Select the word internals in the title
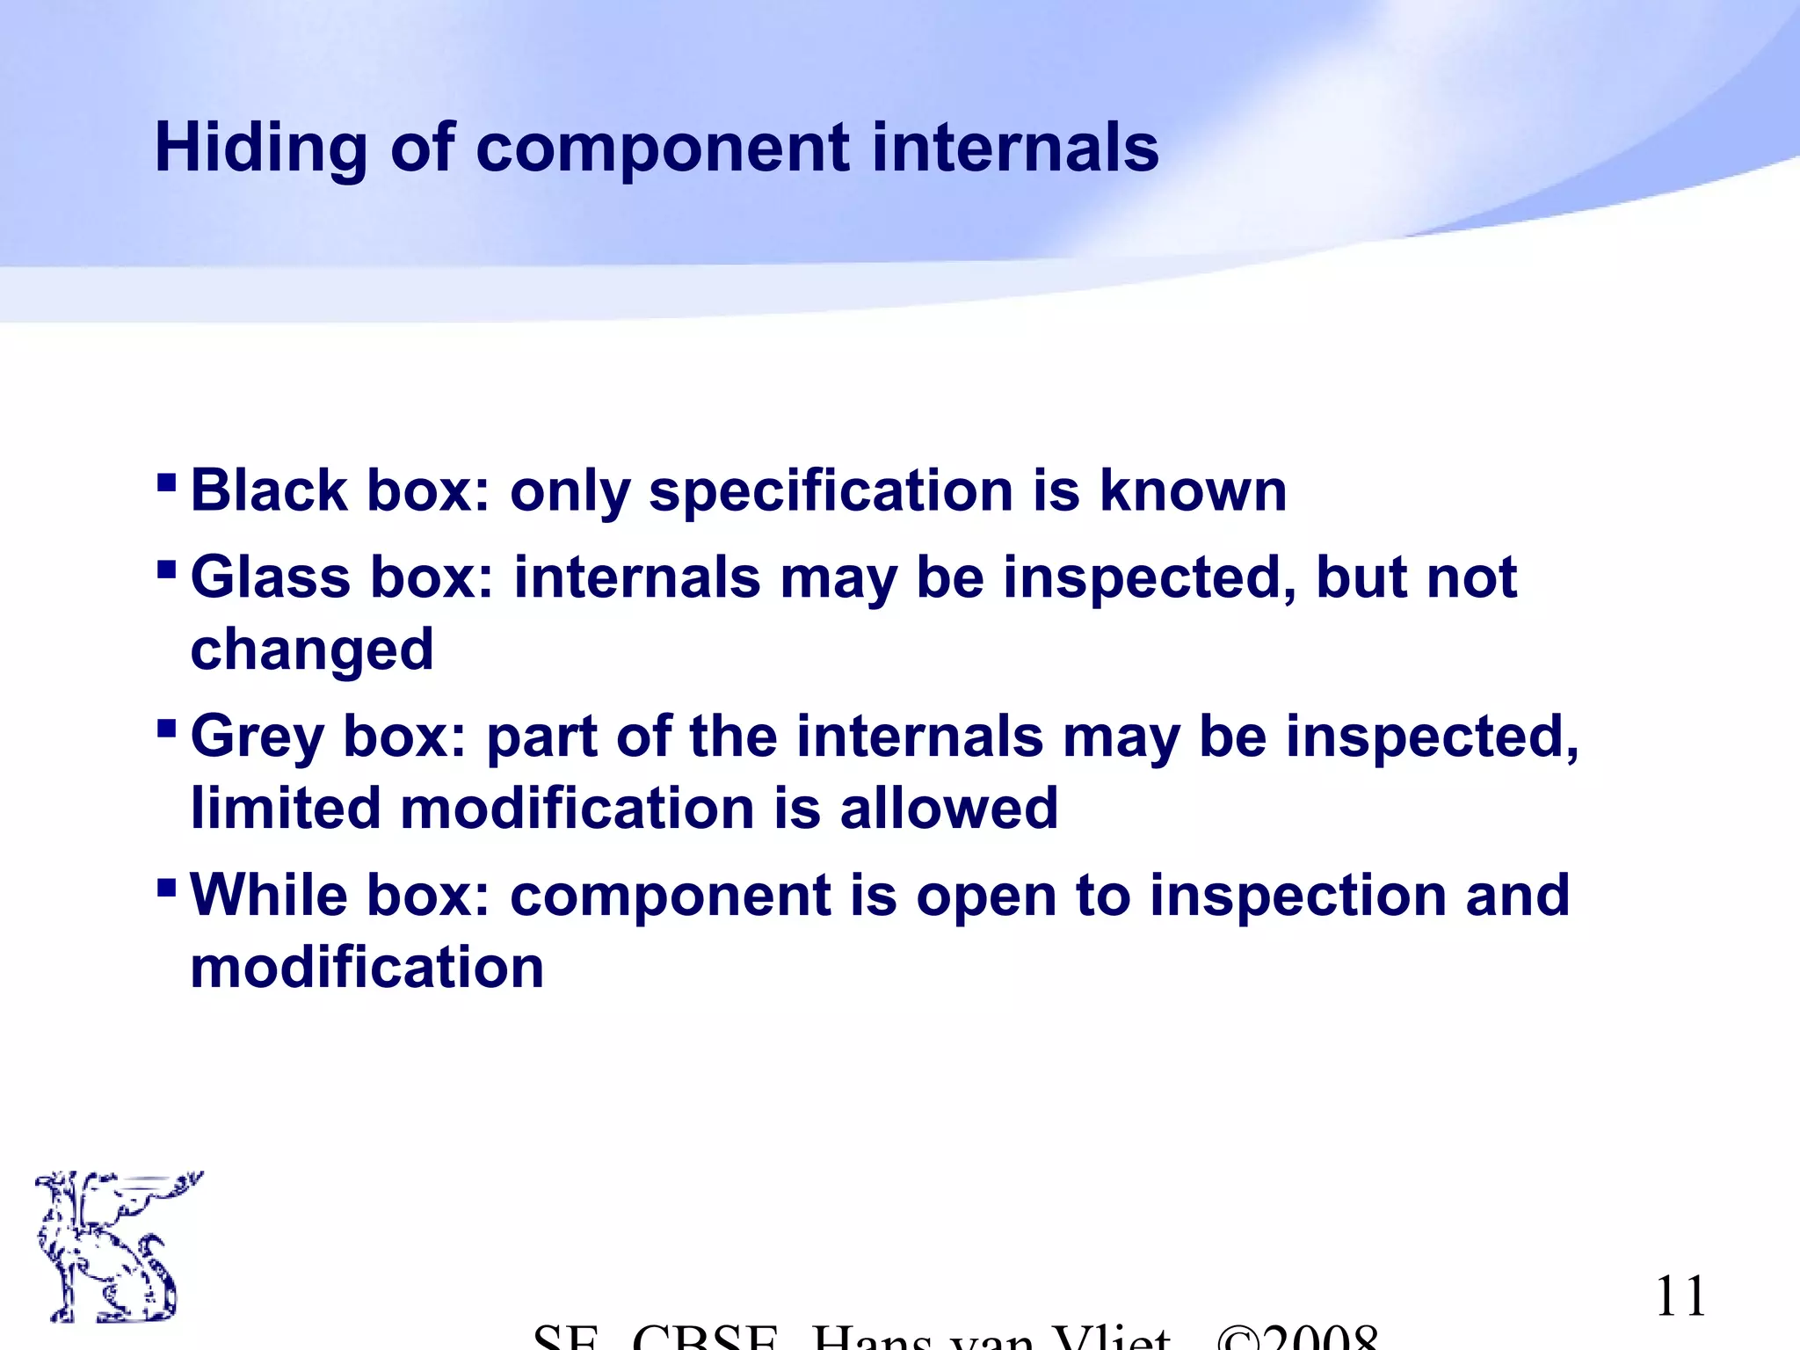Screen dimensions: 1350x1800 1015,148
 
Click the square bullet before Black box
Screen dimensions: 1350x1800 166,483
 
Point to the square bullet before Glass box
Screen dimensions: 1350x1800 166,570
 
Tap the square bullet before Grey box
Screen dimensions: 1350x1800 166,729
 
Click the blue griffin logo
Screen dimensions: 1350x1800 110,1246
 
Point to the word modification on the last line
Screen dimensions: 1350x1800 367,968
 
